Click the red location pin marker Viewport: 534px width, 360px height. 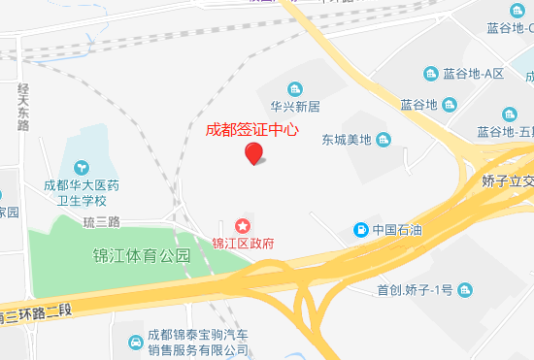coord(253,152)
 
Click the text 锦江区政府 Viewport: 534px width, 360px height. coord(244,243)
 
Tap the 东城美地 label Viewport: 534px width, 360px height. coord(347,140)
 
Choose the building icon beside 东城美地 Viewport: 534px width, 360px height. coord(384,140)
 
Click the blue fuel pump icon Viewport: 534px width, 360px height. coord(361,230)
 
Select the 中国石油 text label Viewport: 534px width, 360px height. coord(396,231)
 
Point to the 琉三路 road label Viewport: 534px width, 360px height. coord(101,221)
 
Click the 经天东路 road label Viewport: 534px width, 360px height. coord(23,106)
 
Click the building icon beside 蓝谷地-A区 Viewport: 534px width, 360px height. coord(431,74)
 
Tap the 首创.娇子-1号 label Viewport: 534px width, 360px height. coord(416,290)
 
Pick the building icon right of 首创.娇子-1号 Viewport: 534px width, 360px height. coord(466,290)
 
